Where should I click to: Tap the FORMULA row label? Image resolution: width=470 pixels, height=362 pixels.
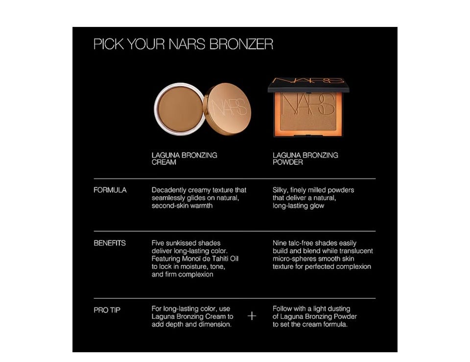(110, 190)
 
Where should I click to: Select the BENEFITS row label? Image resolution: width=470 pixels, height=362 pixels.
(110, 243)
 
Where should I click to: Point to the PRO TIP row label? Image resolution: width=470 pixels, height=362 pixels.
(107, 310)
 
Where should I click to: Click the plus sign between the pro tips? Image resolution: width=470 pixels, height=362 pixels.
(252, 316)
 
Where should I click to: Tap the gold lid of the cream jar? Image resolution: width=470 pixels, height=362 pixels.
(227, 109)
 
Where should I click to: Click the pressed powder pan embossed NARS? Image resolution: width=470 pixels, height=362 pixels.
(308, 111)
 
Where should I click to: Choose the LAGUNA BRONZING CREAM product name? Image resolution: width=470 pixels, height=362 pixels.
(185, 158)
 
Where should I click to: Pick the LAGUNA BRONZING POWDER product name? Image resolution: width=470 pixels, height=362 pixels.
(305, 158)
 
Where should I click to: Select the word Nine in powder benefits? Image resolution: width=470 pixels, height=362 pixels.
(279, 243)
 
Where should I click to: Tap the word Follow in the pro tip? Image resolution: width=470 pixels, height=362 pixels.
(282, 309)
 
